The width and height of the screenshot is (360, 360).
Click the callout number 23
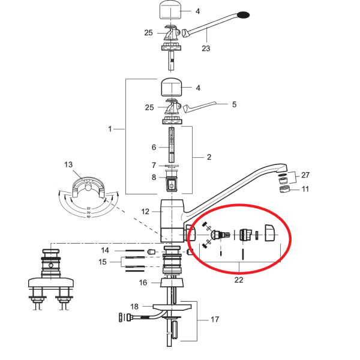(205, 49)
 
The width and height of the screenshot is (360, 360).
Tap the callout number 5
(233, 104)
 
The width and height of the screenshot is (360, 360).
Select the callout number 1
(110, 129)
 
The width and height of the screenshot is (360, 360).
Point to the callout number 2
(209, 157)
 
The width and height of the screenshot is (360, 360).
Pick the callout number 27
(306, 176)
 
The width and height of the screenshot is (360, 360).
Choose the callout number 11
(305, 189)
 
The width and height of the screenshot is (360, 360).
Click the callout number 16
(143, 282)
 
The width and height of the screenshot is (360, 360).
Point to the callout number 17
(214, 320)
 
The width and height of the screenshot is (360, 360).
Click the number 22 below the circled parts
(239, 280)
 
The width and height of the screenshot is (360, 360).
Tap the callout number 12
(145, 211)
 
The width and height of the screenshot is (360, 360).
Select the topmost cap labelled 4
(172, 11)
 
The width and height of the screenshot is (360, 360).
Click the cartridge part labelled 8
(172, 178)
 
